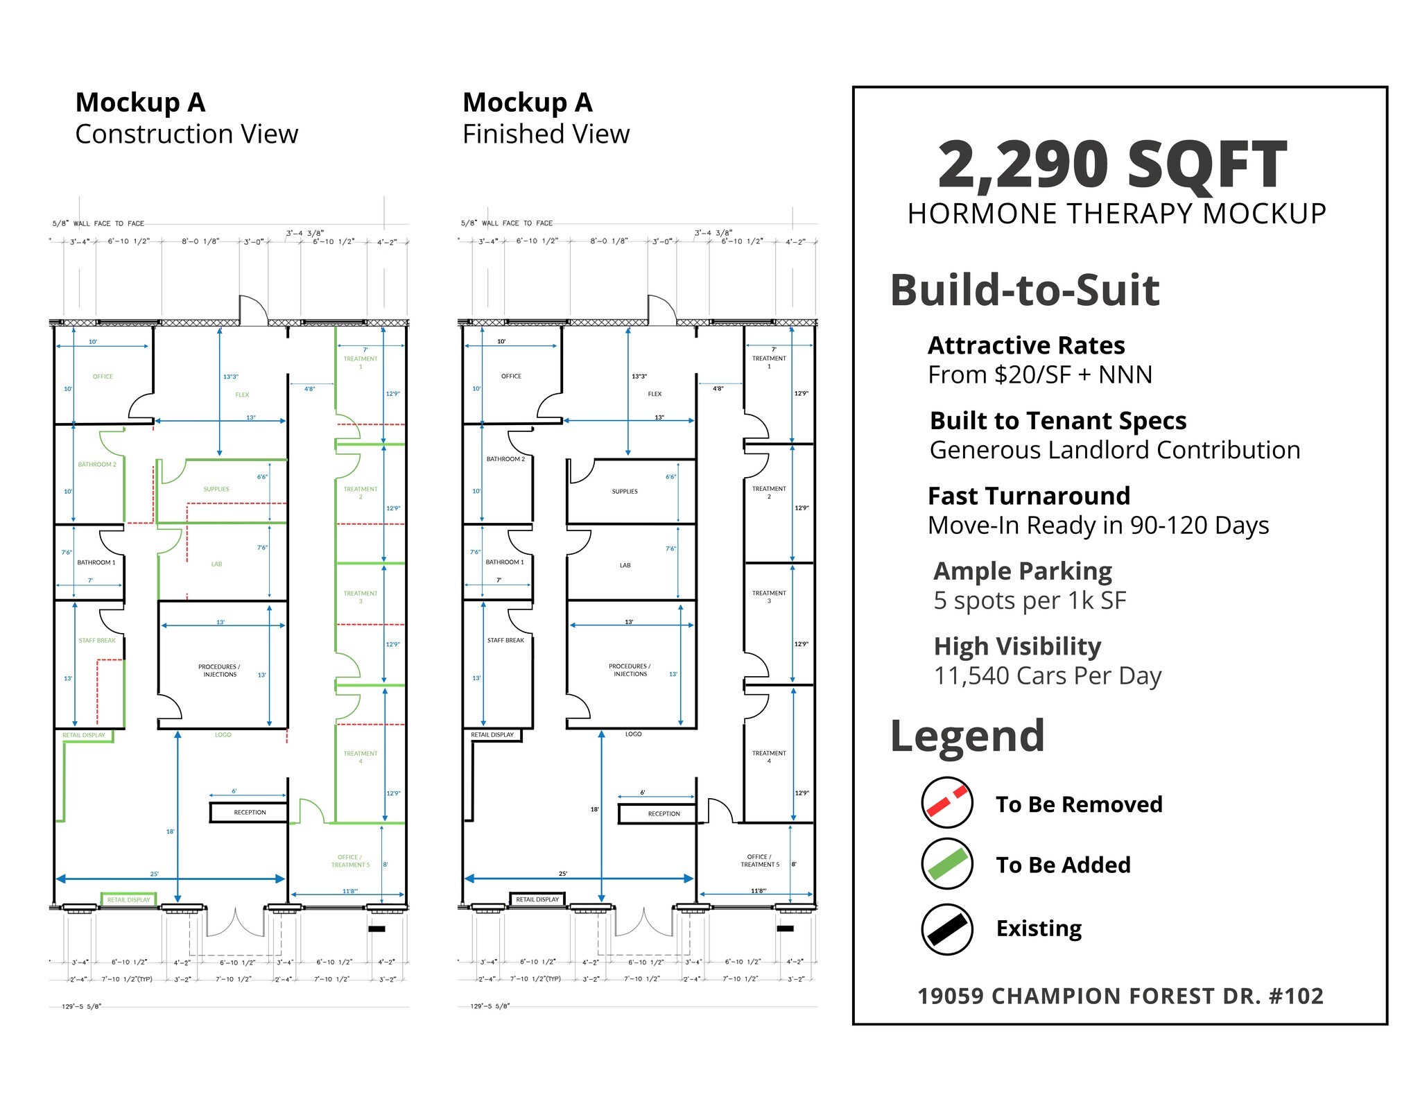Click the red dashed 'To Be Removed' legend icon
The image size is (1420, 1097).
(947, 802)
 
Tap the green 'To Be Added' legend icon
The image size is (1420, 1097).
(947, 864)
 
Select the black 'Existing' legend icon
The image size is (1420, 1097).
(947, 929)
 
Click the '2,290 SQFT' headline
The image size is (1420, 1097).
(1112, 165)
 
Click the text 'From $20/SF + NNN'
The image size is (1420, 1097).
(1039, 374)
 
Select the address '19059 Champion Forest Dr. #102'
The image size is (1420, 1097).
(1120, 996)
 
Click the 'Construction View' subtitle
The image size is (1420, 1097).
(187, 134)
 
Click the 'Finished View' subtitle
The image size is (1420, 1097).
(546, 134)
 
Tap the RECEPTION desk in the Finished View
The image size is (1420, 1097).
(664, 813)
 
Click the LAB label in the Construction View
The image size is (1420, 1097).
(216, 564)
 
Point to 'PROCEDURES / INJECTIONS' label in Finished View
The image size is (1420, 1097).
(630, 670)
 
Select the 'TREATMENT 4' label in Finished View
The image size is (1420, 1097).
(769, 757)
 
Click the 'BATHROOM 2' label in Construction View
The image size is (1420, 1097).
(97, 465)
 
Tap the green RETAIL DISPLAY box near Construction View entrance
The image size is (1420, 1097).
(128, 899)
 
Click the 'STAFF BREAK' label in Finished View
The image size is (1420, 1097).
(505, 640)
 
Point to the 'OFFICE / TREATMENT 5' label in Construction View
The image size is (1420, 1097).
(350, 861)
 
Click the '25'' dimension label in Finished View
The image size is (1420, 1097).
(563, 874)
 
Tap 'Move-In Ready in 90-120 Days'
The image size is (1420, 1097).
(1098, 525)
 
